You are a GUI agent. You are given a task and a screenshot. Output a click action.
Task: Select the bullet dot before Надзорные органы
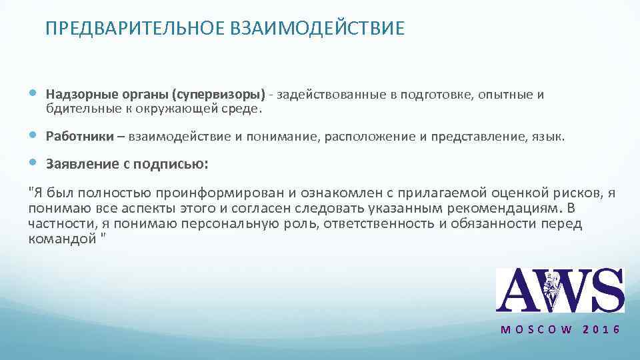[x=35, y=95]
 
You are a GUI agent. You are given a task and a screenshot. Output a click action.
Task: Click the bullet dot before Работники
[x=35, y=137]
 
